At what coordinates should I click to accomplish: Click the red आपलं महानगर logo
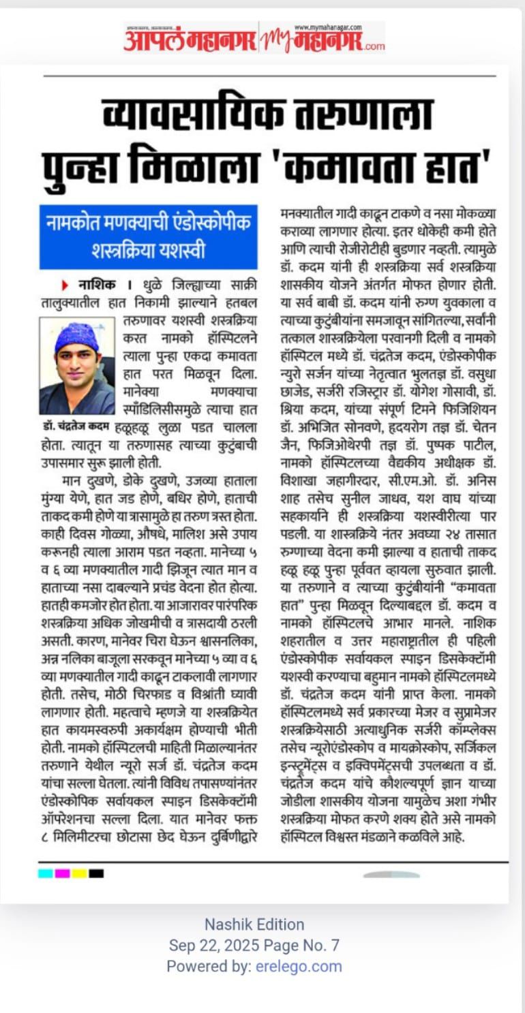point(190,40)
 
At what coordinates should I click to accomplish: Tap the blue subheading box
point(148,236)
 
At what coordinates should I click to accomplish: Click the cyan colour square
point(45,873)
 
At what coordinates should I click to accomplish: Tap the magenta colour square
point(62,873)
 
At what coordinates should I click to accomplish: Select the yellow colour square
point(79,873)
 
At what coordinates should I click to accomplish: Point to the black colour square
point(96,873)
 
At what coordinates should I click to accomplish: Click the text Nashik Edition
point(254,924)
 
